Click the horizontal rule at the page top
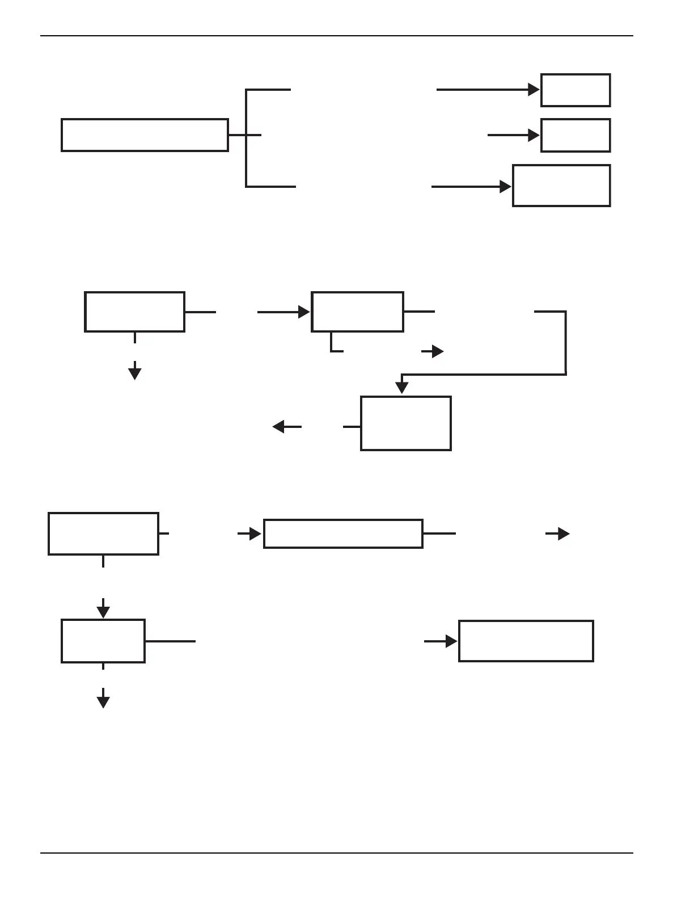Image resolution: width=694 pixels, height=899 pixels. point(337,36)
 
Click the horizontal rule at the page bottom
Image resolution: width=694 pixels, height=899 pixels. point(337,852)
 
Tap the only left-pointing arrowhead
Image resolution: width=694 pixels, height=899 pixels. point(278,426)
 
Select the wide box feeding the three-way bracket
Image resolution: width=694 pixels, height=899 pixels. point(145,135)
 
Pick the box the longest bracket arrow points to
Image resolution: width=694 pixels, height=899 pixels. point(575,90)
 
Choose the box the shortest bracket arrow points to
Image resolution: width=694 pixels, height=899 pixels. point(575,135)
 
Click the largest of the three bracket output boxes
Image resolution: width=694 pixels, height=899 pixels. point(561,186)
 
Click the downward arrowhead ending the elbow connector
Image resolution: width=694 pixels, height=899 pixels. point(402,388)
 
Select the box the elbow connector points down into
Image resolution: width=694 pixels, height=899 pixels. point(406,423)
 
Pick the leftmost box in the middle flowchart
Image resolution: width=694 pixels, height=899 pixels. point(134,312)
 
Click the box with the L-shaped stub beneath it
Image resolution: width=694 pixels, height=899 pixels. point(357,312)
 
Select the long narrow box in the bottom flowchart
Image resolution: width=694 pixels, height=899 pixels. point(343,533)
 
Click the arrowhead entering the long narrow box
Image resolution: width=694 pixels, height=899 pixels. point(255,534)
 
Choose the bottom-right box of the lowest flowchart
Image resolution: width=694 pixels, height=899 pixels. point(526,641)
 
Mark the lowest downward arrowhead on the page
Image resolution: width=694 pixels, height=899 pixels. point(103,701)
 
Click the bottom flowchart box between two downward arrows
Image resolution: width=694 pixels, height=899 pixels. point(103,641)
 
